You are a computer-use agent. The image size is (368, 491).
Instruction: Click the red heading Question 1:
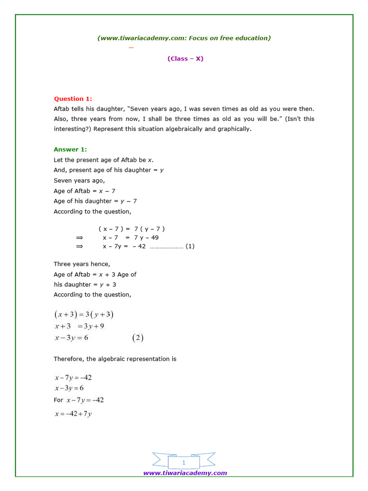pos(72,99)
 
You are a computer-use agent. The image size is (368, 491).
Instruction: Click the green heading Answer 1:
pos(70,150)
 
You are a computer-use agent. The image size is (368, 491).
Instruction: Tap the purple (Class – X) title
pos(185,58)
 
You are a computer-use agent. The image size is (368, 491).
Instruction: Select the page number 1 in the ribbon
pos(184,463)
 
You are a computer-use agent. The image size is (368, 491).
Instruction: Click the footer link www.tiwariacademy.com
pos(185,473)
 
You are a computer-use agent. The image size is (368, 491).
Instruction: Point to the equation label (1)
pos(190,246)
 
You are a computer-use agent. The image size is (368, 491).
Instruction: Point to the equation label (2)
pos(138,338)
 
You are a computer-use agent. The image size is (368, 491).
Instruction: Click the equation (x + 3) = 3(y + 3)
pos(84,315)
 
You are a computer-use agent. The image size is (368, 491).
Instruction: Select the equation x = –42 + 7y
pos(73,414)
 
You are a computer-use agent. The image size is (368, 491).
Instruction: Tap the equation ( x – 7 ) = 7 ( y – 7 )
pos(132,229)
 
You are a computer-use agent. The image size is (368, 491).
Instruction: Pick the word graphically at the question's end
pos(234,129)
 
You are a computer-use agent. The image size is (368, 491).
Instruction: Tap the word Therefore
pos(68,359)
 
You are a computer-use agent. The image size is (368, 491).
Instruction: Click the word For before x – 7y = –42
pos(58,400)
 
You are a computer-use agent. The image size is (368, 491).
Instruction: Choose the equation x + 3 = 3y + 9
pos(79,327)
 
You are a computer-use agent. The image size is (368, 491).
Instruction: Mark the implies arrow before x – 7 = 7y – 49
pos(80,237)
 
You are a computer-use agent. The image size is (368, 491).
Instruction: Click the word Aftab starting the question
pos(62,109)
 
